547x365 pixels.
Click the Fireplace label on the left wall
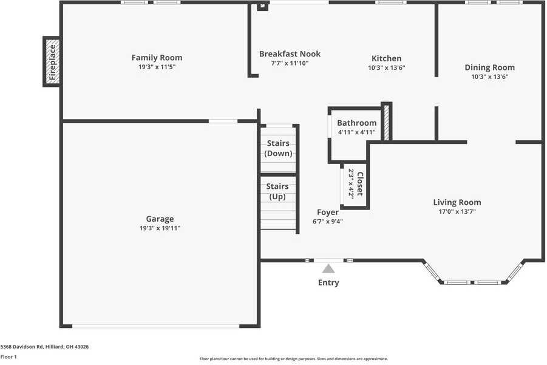[x=52, y=62]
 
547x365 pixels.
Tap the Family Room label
[x=157, y=58]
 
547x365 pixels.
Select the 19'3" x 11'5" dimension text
[x=157, y=67]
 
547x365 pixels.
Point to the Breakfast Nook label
[x=290, y=53]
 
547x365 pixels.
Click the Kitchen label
[x=386, y=58]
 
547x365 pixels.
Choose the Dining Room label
[x=489, y=67]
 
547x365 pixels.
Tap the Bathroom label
[x=356, y=123]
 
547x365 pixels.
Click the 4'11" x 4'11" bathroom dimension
[x=356, y=132]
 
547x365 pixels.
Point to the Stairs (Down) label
[x=278, y=148]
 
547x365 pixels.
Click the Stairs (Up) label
[x=277, y=191]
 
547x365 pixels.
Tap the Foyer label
[x=328, y=212]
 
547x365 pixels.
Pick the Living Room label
[x=457, y=202]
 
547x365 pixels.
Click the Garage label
[x=160, y=219]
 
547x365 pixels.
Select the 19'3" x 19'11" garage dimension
[x=160, y=228]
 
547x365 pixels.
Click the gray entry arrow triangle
[x=328, y=268]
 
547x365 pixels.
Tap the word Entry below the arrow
[x=328, y=282]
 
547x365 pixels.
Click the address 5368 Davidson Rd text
[x=22, y=347]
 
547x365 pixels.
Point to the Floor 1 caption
[x=8, y=356]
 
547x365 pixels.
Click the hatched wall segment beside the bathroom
[x=386, y=122]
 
